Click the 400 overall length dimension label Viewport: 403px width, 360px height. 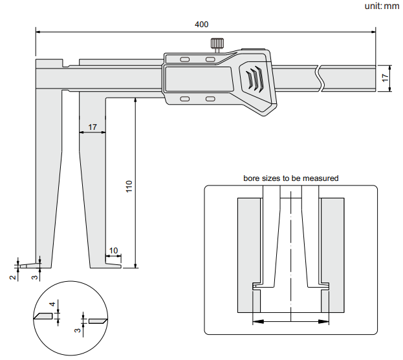(202, 25)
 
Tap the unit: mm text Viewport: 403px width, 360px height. (382, 6)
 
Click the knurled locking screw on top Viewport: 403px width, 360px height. (217, 43)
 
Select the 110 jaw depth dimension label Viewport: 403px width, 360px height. (129, 186)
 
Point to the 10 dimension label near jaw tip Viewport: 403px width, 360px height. (113, 250)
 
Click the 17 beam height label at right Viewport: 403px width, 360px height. (385, 78)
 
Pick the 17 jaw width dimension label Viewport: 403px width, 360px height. (93, 127)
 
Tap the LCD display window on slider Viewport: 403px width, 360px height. (199, 79)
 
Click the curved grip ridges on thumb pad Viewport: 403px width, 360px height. (254, 79)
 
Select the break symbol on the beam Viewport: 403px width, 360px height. (321, 79)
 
